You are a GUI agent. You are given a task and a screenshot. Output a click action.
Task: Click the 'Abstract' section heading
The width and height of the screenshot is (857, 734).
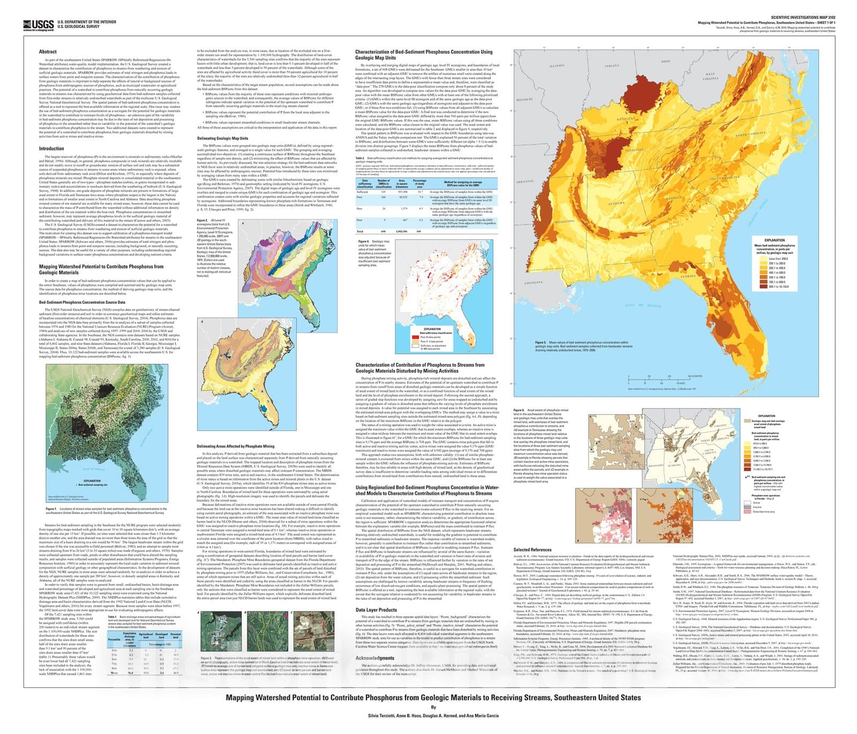48,52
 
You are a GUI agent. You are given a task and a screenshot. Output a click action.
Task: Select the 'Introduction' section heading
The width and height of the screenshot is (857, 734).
51,149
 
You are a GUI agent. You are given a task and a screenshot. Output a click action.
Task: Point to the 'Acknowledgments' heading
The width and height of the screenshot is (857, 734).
375,658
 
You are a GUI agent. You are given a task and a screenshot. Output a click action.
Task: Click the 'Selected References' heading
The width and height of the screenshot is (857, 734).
532,550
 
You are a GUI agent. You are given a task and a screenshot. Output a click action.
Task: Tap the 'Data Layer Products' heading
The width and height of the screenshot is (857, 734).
376,610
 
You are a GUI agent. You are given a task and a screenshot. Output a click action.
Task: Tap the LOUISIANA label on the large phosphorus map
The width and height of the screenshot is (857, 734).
534,282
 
